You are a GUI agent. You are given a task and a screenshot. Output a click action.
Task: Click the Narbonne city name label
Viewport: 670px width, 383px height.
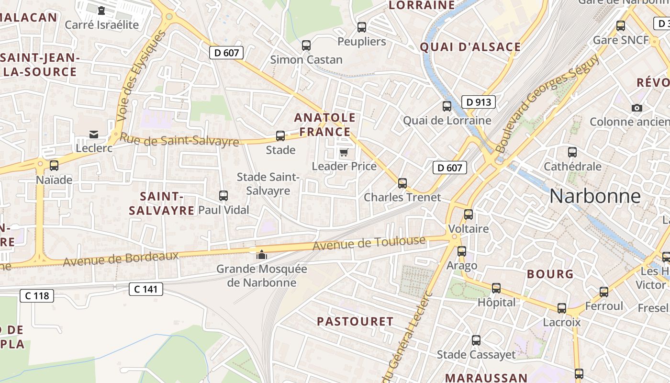click(594, 196)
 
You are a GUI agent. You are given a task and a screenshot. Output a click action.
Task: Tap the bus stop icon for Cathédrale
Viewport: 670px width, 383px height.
click(572, 153)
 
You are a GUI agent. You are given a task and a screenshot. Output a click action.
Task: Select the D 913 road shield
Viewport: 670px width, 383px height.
click(478, 101)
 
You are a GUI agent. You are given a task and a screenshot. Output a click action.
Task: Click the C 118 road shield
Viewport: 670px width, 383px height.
click(37, 295)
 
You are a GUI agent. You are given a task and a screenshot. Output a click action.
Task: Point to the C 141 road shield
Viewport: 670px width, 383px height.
click(146, 289)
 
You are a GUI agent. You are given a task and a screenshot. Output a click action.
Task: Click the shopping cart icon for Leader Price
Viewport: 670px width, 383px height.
click(344, 153)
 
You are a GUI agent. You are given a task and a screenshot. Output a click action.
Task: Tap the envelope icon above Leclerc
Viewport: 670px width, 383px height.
click(94, 135)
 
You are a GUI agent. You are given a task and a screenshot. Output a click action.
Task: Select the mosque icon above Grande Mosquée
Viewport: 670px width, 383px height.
click(261, 255)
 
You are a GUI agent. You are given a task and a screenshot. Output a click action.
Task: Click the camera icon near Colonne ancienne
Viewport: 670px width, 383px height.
click(637, 108)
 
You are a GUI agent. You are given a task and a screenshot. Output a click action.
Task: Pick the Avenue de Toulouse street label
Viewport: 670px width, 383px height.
click(369, 243)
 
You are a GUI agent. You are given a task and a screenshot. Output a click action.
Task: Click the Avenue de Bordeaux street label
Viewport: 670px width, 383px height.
click(121, 259)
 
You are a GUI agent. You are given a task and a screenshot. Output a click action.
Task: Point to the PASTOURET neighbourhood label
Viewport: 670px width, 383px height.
click(355, 321)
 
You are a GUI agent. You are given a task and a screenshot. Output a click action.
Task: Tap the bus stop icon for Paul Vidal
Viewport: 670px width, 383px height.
click(223, 195)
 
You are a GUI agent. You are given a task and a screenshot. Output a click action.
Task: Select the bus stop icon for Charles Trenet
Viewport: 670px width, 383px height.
click(402, 183)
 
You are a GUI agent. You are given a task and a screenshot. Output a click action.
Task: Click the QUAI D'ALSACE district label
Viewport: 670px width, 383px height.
click(470, 47)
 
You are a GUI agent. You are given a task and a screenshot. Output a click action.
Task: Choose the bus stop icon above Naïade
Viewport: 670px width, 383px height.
click(54, 166)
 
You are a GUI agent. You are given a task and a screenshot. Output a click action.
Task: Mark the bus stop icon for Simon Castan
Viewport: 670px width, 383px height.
click(306, 45)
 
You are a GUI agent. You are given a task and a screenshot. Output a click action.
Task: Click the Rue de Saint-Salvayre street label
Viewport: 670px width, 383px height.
click(179, 140)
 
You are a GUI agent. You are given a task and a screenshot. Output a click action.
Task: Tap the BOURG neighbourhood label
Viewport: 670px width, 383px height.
click(550, 274)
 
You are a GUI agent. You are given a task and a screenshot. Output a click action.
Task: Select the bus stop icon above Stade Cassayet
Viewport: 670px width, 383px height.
click(476, 340)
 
